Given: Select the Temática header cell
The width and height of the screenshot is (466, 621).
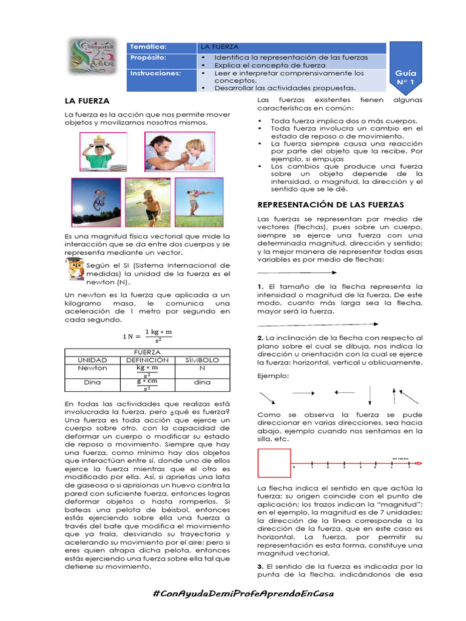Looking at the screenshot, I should pos(161,47).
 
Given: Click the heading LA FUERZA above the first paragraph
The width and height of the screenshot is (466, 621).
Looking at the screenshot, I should pos(87,101).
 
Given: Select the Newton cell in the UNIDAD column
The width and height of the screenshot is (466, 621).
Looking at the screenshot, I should pos(92,368).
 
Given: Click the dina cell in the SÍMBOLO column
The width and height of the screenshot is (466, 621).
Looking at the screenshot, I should pos(201,383).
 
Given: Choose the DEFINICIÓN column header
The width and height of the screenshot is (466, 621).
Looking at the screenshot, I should pos(147,360).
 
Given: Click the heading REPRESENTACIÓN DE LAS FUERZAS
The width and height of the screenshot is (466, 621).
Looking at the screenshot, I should pos(331,205).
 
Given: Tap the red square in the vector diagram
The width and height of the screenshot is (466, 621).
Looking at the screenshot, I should pos(273,463).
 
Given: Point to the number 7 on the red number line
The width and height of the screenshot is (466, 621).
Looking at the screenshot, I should pos(410,468).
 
